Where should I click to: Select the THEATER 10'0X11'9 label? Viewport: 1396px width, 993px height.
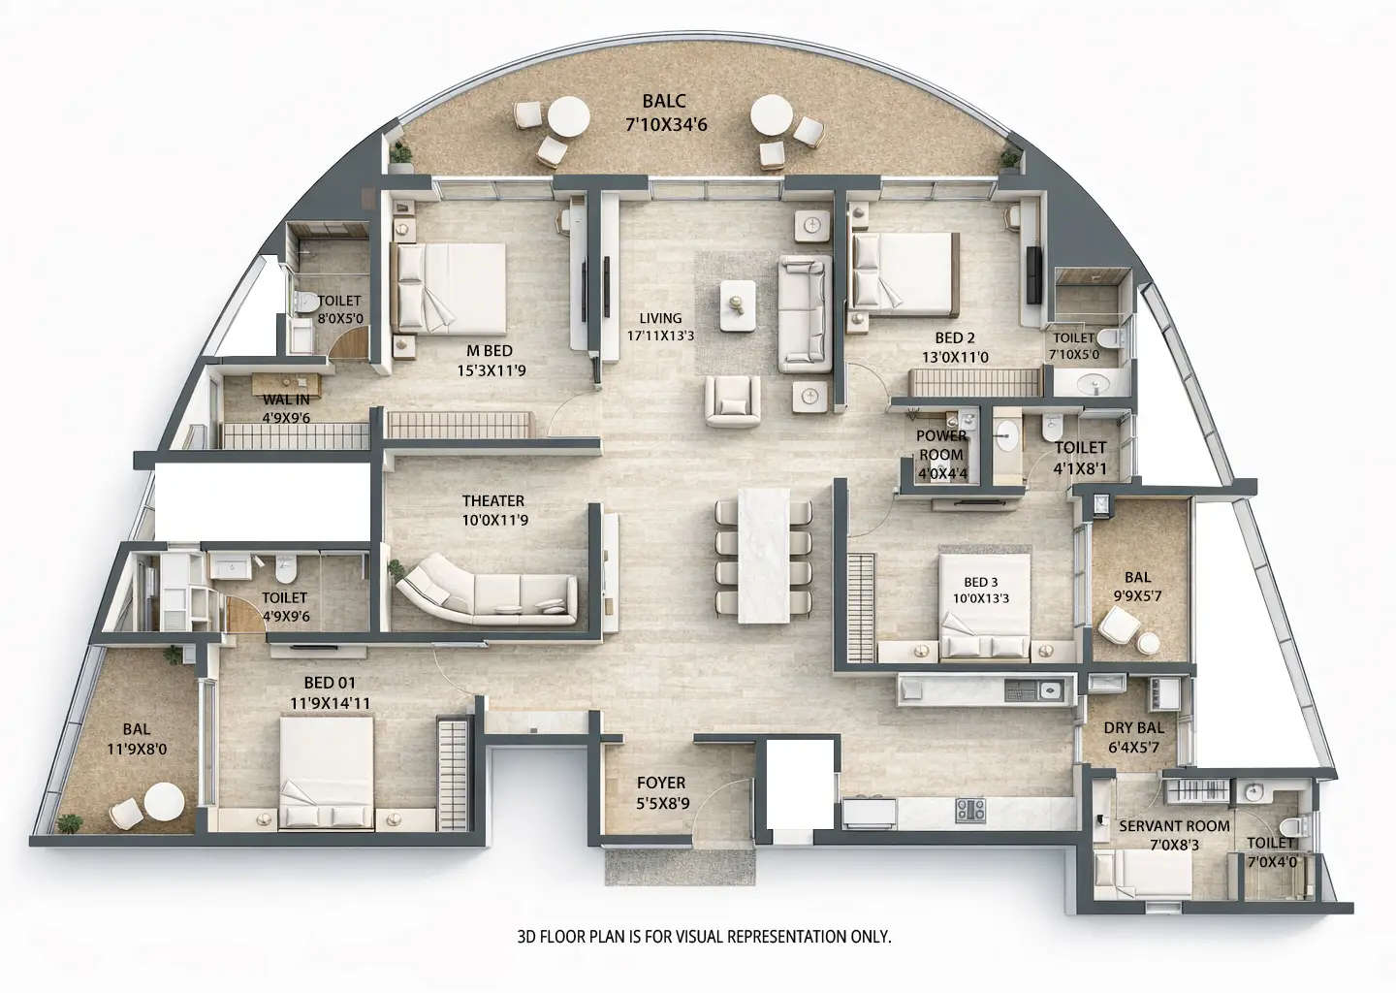tap(492, 509)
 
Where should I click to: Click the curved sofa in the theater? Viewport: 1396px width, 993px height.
tap(490, 591)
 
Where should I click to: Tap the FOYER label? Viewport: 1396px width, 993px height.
tap(661, 791)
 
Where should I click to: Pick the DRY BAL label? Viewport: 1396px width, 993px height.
tap(1133, 737)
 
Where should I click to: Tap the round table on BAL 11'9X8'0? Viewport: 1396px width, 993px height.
tap(165, 802)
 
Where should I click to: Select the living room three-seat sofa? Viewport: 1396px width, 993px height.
tap(805, 313)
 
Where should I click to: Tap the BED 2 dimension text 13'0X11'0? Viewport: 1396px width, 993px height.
tap(954, 357)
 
